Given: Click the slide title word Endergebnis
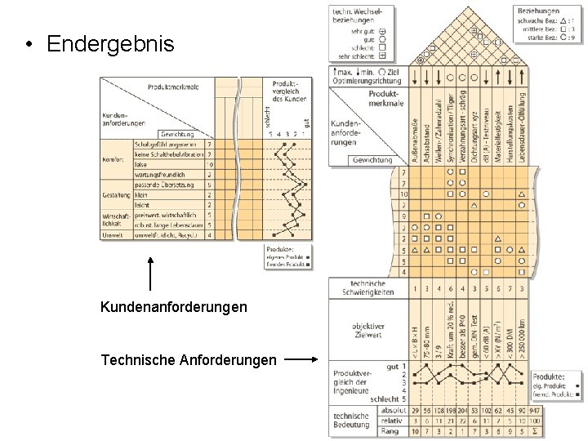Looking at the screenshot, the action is [x=110, y=43].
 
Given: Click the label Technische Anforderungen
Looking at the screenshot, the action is [x=188, y=359].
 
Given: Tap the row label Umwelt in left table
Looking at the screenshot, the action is [x=112, y=235].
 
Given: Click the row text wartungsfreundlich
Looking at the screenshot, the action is [x=162, y=174].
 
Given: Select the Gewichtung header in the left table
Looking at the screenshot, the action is [x=176, y=133].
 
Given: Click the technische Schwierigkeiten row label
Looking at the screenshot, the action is [x=365, y=287].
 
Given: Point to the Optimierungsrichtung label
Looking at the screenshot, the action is [x=367, y=82].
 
